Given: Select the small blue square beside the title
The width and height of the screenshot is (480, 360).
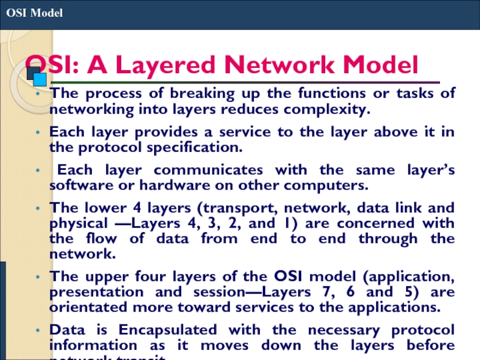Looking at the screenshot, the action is [40, 79].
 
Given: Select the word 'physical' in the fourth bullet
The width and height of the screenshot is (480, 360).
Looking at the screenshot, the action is [75, 223].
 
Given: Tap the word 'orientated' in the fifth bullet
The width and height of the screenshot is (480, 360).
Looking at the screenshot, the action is [85, 308].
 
